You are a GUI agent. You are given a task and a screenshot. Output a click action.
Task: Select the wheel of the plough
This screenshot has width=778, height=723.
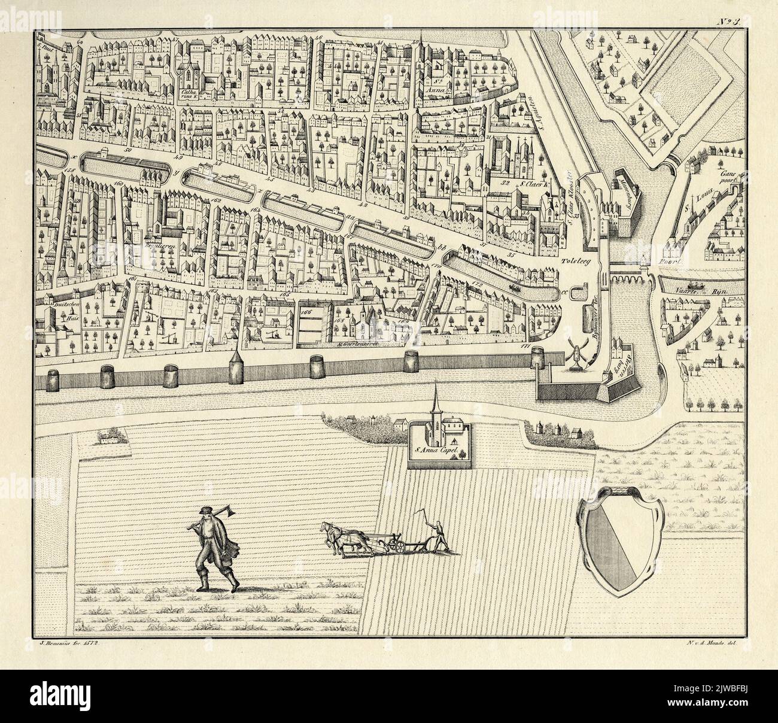point(394,545)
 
